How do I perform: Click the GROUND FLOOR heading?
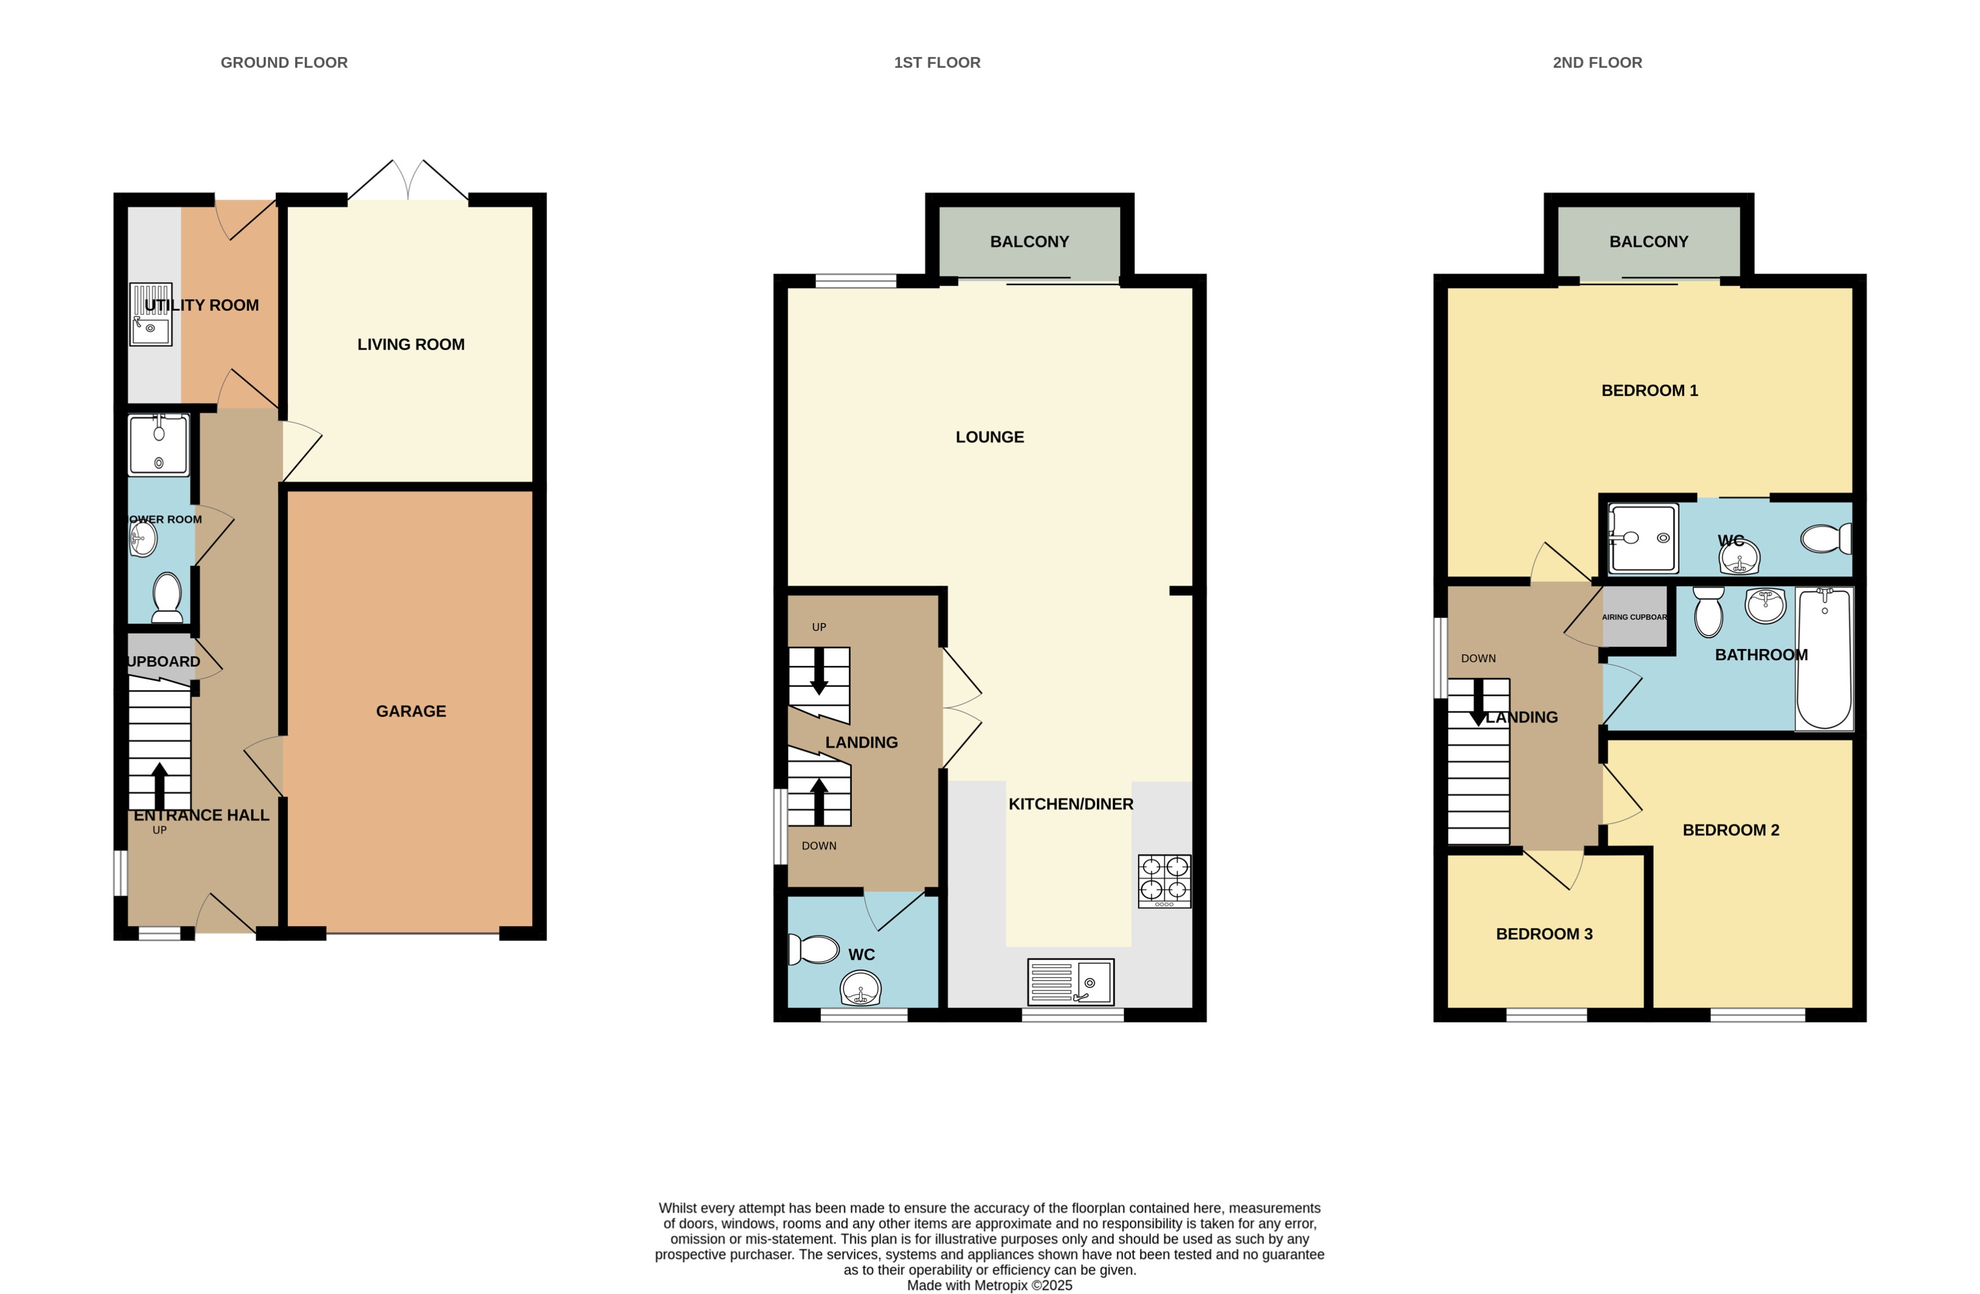click(x=283, y=62)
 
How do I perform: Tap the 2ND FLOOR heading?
click(x=1596, y=62)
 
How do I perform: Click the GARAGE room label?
click(x=411, y=711)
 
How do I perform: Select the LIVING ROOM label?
click(x=411, y=345)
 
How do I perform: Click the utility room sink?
click(x=150, y=315)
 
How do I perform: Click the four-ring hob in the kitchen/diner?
click(x=1164, y=882)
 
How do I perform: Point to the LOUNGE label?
click(x=989, y=437)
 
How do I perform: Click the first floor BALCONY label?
click(x=1029, y=242)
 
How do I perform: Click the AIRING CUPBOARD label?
click(x=1634, y=617)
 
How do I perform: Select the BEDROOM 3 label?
click(x=1544, y=934)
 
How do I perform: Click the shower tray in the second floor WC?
click(x=1642, y=539)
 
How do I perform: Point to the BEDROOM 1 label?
click(x=1649, y=390)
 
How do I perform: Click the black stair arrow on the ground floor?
click(x=159, y=785)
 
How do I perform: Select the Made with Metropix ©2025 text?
click(x=989, y=1285)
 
